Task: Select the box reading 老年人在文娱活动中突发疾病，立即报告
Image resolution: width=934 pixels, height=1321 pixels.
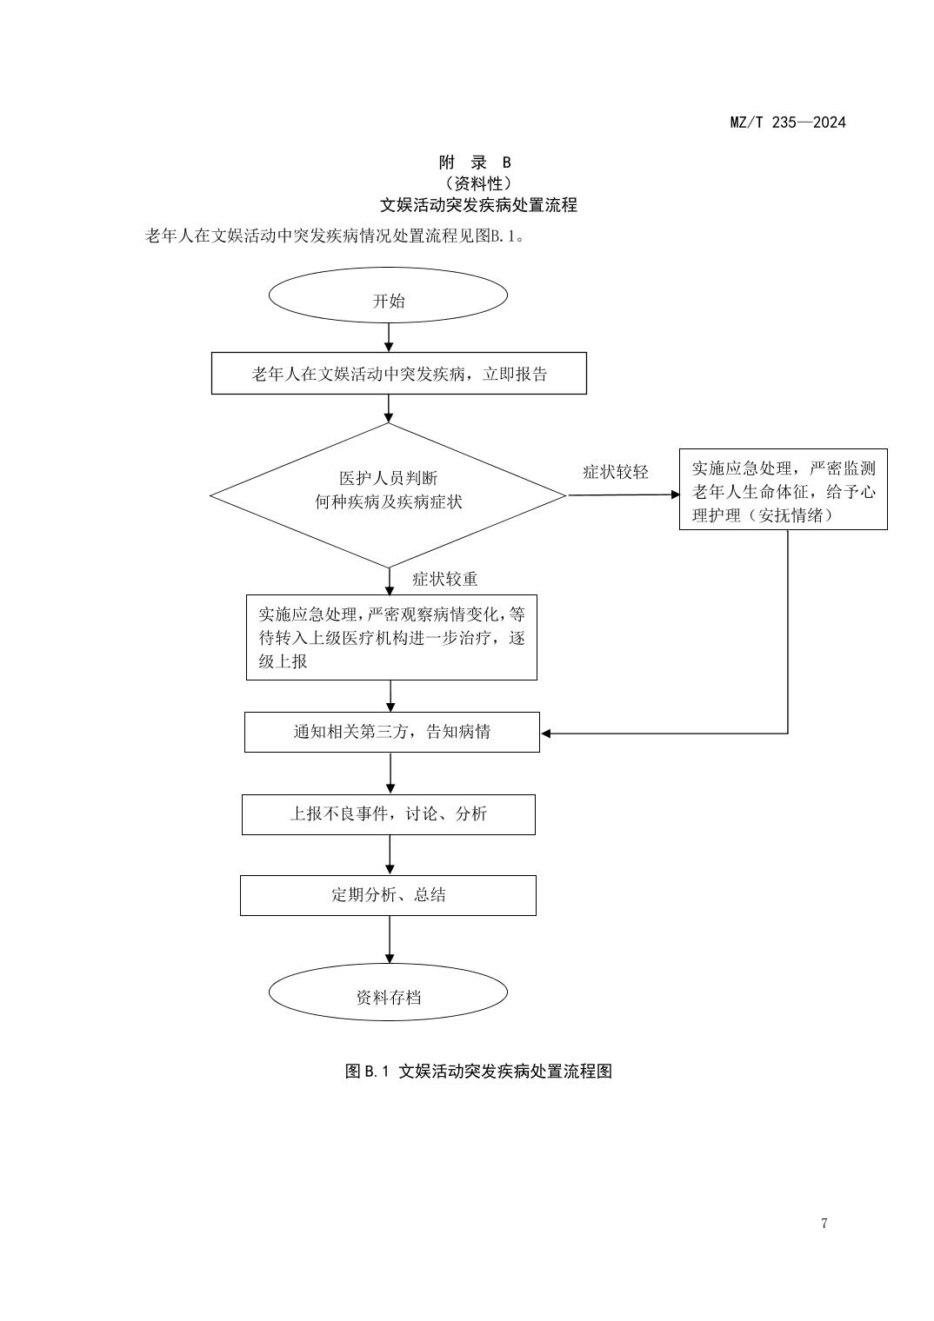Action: point(398,374)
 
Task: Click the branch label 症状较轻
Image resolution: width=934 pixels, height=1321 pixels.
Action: point(615,472)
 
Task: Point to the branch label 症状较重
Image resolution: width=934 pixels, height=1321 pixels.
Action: point(444,579)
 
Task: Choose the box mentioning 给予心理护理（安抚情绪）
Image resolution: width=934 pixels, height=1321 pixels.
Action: point(783,490)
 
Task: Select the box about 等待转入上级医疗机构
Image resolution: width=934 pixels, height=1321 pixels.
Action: point(391,637)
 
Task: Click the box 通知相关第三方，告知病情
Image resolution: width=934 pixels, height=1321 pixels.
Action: point(391,732)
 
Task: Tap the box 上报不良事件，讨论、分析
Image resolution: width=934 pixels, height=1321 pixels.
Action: point(388,814)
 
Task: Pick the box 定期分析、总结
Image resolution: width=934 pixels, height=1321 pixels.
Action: point(388,895)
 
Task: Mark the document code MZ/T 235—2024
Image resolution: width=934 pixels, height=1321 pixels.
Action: point(787,122)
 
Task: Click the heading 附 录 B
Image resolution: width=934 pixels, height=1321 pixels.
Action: point(475,163)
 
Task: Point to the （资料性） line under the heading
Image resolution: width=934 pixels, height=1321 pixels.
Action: point(477,183)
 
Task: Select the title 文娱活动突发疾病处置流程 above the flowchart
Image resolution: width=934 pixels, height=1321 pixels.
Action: point(478,205)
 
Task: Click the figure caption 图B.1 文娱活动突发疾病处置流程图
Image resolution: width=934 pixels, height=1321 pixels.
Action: point(478,1071)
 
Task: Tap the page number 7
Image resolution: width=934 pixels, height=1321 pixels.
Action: point(824,1224)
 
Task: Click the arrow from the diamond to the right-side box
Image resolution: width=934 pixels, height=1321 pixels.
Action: point(623,495)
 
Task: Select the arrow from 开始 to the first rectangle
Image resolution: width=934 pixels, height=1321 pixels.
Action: point(389,336)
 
